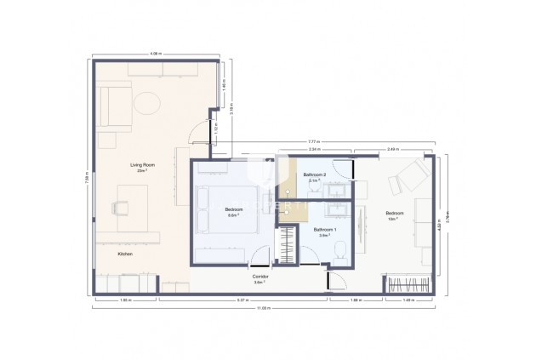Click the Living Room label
(x=141, y=166)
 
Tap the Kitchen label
(x=125, y=253)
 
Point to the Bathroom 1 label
(x=325, y=231)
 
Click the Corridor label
(x=261, y=277)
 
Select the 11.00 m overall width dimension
(x=264, y=308)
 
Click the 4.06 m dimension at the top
(x=156, y=54)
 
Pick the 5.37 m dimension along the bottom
(x=241, y=300)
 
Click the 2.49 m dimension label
(x=391, y=149)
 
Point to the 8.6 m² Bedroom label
(x=232, y=212)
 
